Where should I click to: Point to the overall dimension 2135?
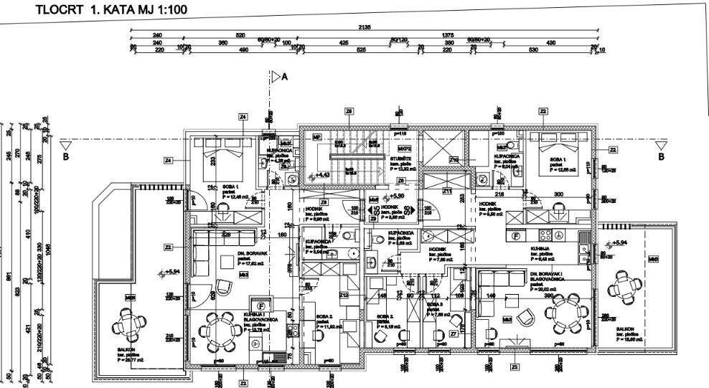pos(366,27)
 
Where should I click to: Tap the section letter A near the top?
pos(284,77)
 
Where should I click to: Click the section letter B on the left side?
pos(66,156)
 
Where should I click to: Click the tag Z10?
pos(454,159)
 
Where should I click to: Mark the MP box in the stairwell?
pos(316,137)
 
